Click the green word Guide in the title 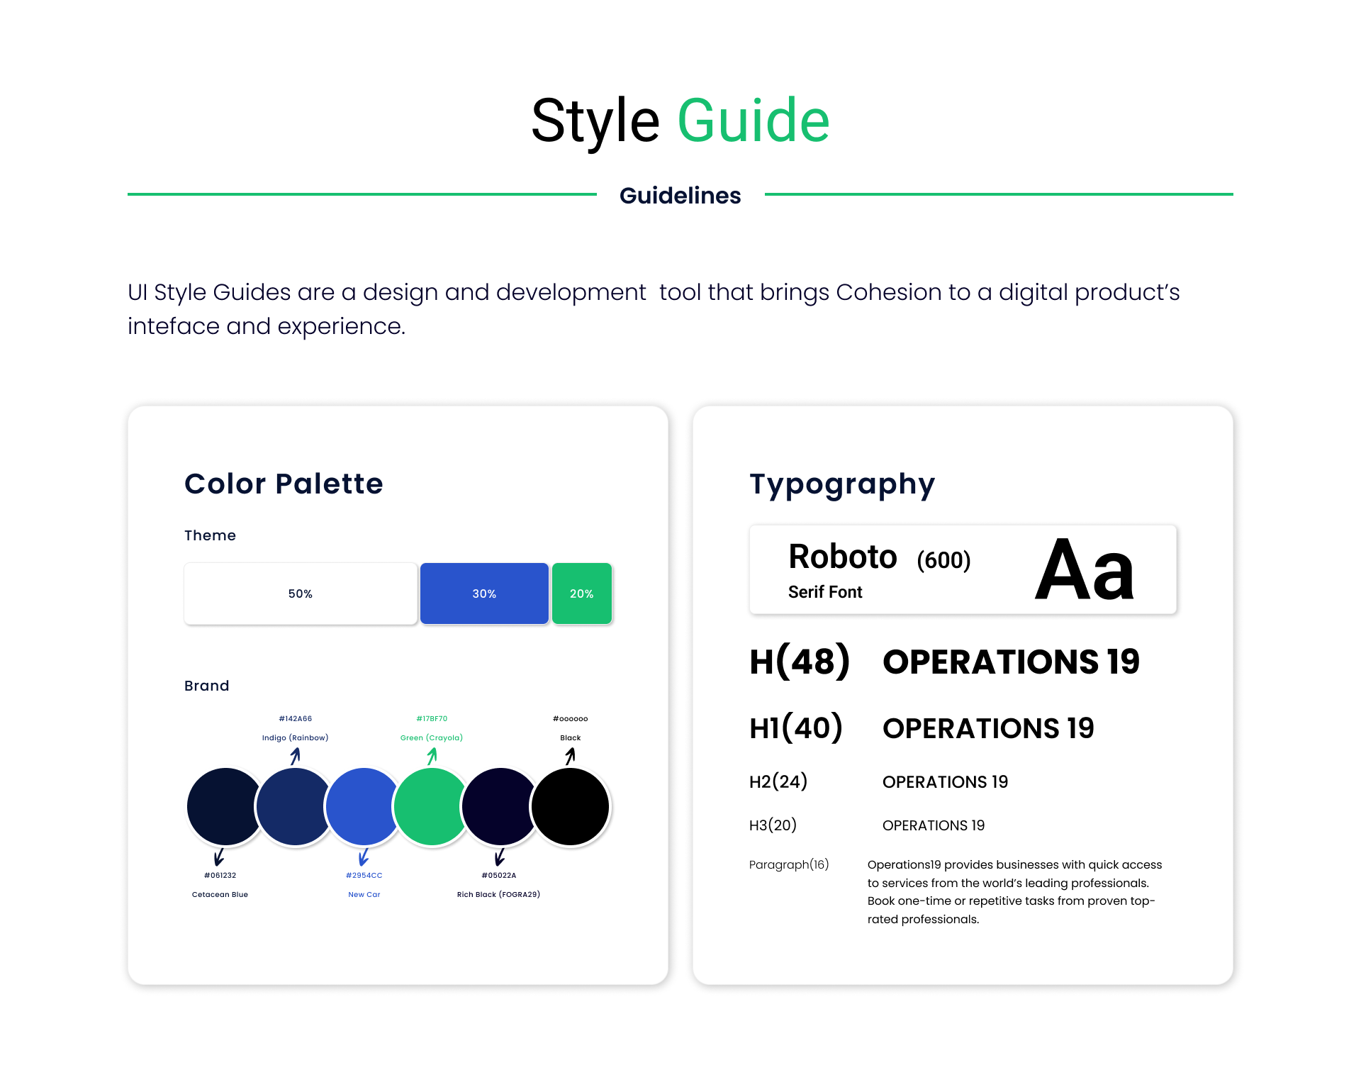754,121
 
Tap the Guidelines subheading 680,196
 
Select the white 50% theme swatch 301,593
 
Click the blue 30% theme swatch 484,593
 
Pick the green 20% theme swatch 582,593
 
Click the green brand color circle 432,807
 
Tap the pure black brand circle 570,807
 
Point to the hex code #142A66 296,719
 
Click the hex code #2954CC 364,876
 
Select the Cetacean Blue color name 220,895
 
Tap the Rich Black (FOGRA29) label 498,895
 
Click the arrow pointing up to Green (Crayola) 432,757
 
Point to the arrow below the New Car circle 364,857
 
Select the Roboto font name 843,557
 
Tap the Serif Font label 825,592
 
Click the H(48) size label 800,662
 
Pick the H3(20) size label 773,825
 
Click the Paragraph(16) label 789,865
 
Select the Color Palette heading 284,484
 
